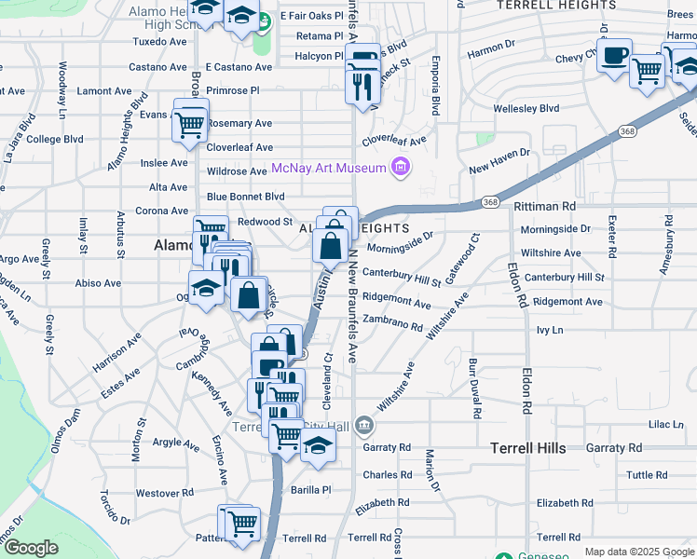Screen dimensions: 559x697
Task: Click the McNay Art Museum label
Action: click(x=329, y=169)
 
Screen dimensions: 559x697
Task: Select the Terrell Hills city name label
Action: click(x=528, y=448)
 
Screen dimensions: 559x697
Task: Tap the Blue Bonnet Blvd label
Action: click(x=245, y=197)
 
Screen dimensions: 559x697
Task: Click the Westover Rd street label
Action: click(x=164, y=492)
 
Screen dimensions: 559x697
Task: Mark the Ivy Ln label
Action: click(x=551, y=330)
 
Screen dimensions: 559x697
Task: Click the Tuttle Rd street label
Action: click(x=647, y=474)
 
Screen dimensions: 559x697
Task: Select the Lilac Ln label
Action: click(x=665, y=424)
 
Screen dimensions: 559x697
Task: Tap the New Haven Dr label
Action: click(x=499, y=160)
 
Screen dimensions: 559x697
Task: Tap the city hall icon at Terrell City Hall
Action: click(x=363, y=427)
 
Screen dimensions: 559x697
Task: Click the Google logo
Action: click(x=31, y=548)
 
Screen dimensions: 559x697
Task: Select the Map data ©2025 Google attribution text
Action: click(x=639, y=552)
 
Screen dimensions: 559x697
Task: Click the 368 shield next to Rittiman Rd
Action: click(x=489, y=202)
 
